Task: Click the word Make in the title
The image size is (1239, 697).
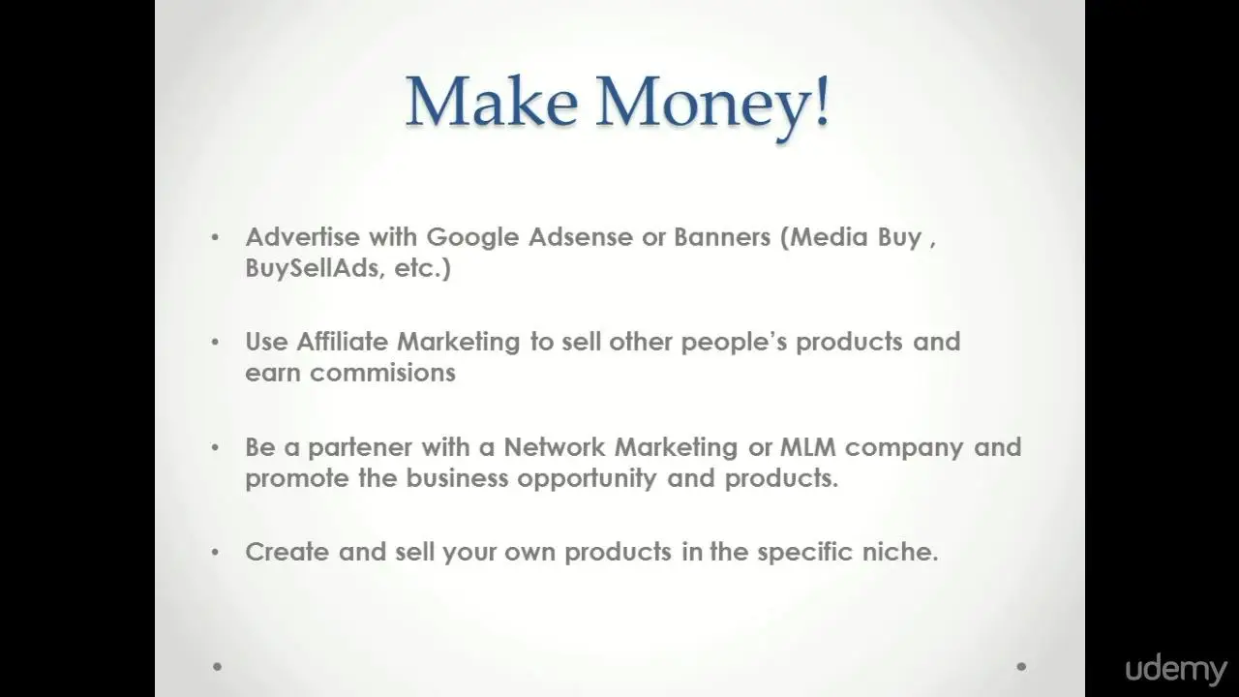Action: (493, 103)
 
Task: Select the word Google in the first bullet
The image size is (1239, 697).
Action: (473, 238)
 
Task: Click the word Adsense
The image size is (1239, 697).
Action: (580, 237)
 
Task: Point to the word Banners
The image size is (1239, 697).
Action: (722, 237)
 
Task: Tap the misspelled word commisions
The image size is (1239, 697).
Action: (382, 373)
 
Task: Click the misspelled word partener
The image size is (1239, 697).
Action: (359, 448)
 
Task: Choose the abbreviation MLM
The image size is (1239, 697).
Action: (807, 447)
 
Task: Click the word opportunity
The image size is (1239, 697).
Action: (587, 479)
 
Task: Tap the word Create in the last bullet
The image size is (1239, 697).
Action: (287, 552)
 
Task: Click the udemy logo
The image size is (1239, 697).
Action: (1175, 671)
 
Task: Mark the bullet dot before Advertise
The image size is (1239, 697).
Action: (215, 238)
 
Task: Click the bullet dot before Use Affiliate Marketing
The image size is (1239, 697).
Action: (215, 343)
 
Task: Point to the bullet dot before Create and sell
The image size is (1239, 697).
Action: (215, 552)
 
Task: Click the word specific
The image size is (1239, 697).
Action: (804, 553)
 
